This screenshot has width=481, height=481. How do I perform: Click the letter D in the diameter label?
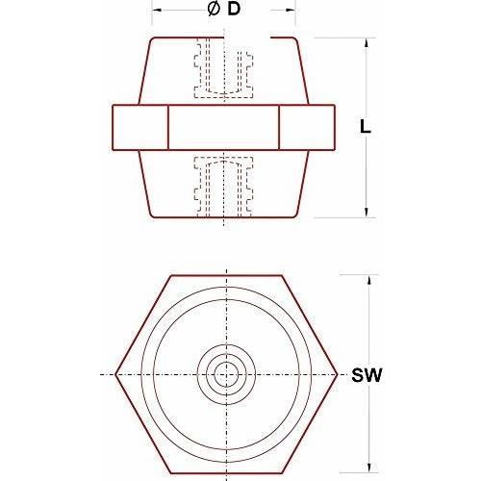234,10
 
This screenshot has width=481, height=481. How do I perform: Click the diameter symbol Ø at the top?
214,10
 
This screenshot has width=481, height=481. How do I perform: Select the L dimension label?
366,126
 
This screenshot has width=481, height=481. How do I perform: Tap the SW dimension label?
367,375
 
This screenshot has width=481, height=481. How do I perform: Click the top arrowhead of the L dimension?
366,43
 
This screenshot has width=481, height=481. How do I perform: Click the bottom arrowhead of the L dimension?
366,213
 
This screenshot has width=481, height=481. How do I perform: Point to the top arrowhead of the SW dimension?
369,280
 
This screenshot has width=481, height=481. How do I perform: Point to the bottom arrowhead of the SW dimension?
369,467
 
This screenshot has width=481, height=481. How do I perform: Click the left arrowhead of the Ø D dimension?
157,11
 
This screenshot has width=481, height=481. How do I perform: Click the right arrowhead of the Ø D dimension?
290,11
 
